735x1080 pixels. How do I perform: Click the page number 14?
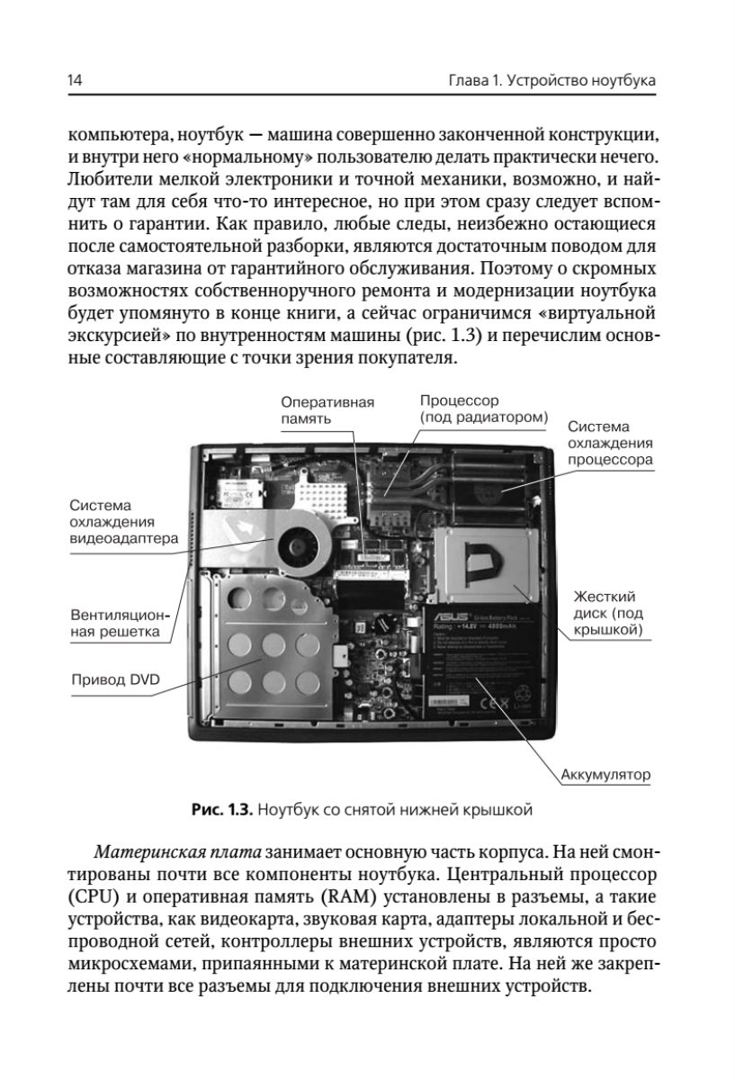tap(75, 82)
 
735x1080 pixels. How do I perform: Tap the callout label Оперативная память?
tap(327, 410)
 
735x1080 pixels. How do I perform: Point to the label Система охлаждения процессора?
tap(609, 441)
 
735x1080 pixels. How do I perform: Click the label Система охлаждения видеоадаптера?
tap(122, 522)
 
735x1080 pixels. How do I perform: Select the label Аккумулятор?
tap(605, 773)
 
